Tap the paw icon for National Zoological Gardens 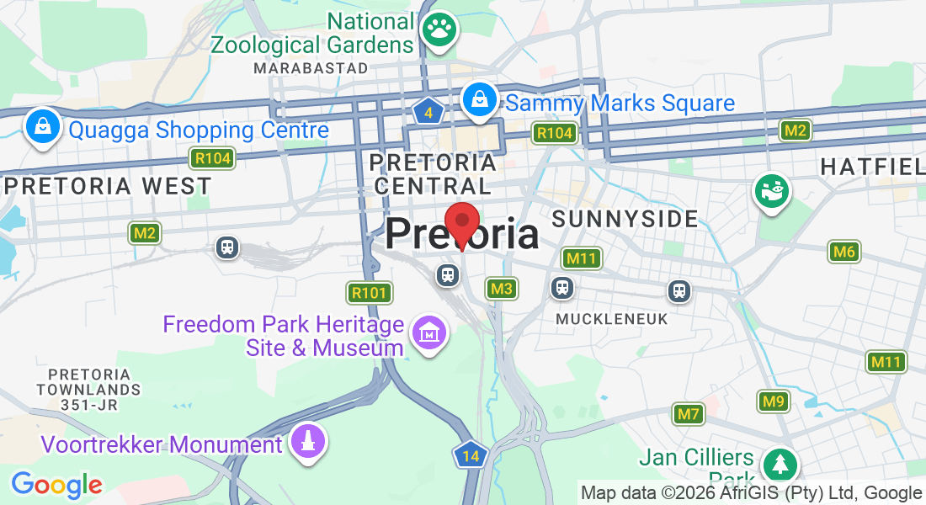439,29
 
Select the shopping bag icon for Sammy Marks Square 479,99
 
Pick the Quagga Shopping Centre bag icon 41,127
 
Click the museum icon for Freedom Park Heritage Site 429,334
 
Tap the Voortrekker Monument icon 308,441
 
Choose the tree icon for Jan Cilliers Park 780,464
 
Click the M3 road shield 501,289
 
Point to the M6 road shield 844,251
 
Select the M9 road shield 774,401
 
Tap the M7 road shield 689,413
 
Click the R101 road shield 370,293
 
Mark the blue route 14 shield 471,456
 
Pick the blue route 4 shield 428,112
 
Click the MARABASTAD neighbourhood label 311,67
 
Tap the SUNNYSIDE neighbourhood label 625,220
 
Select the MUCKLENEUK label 612,319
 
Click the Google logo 56,485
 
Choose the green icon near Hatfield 772,190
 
